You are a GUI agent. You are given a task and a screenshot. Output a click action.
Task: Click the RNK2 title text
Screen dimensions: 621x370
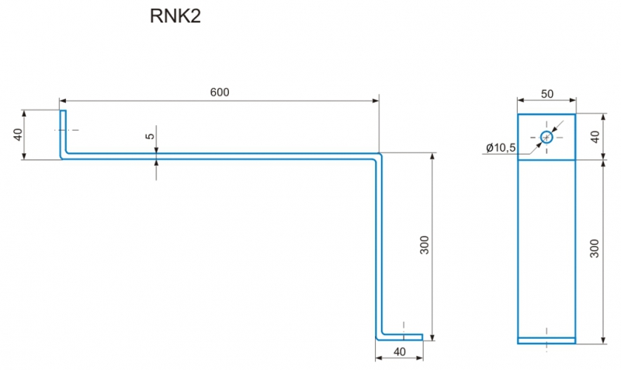[175, 16]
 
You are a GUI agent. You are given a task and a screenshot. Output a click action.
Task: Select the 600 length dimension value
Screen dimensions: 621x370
[220, 92]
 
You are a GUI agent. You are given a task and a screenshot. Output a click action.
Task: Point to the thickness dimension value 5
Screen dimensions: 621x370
[150, 136]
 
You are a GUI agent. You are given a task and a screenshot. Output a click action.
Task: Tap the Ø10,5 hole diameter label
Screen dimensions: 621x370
[501, 148]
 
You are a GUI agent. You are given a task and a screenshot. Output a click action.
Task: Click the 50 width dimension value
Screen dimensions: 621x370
[547, 94]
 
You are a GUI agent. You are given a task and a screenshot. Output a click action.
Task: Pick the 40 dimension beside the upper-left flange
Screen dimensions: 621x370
[18, 134]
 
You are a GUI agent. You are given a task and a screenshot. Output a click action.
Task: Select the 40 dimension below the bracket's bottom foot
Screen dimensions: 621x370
[400, 352]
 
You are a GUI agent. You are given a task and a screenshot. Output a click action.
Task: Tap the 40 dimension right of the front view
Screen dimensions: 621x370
[595, 137]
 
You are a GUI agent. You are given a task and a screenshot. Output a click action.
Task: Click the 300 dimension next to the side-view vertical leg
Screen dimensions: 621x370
[424, 245]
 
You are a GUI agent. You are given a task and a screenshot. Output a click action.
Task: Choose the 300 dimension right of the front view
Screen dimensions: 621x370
[595, 249]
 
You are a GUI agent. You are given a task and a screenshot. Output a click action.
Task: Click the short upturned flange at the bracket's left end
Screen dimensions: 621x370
[63, 134]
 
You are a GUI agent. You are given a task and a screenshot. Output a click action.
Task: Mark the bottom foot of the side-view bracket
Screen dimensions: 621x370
[399, 337]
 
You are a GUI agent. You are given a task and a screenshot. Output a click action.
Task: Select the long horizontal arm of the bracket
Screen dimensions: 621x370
[220, 156]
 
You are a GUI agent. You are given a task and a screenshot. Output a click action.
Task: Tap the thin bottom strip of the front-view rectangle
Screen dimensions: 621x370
[546, 340]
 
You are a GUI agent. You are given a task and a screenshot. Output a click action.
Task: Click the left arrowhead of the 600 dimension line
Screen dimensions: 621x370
[63, 101]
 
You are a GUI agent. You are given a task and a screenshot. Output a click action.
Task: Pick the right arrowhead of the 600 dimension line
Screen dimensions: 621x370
[376, 101]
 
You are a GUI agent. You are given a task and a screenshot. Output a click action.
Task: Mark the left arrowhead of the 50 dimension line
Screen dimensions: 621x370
[521, 100]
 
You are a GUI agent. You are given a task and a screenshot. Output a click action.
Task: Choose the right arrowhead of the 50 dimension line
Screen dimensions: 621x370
[572, 100]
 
